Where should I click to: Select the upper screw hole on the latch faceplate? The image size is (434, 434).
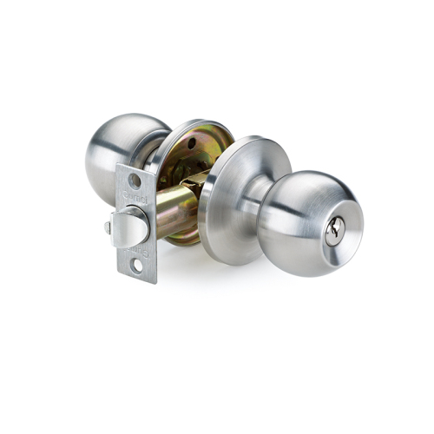pos(135,181)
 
